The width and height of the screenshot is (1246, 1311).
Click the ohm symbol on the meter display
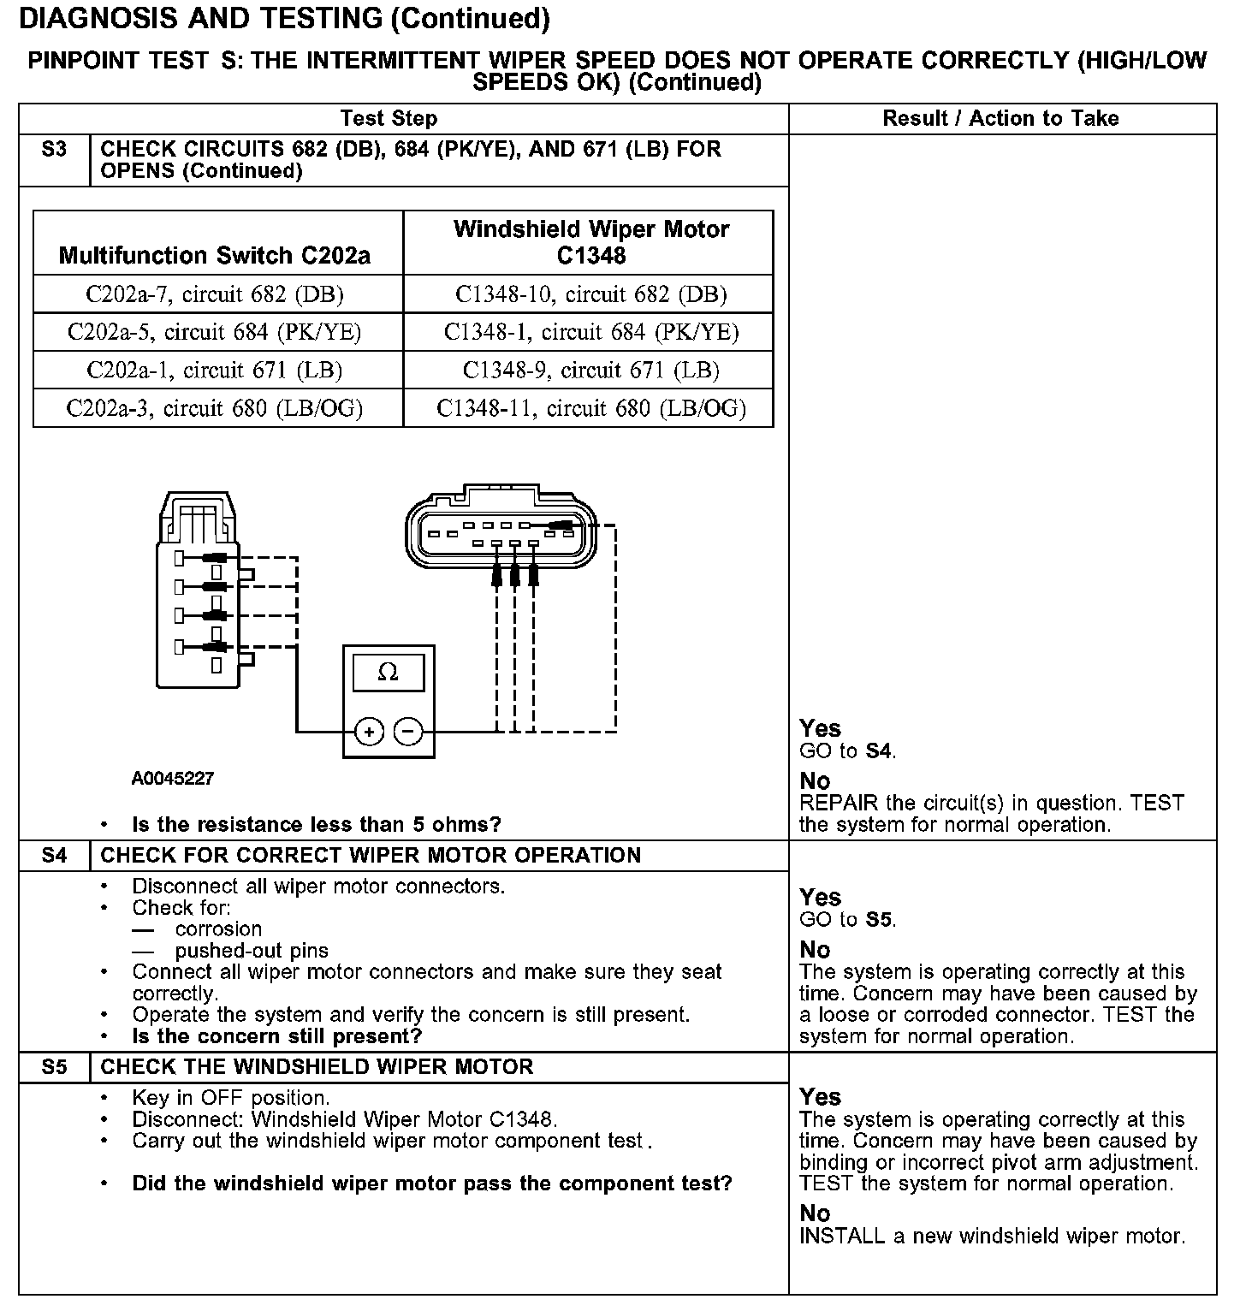(388, 673)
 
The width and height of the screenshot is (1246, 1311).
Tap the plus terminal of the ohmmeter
(369, 732)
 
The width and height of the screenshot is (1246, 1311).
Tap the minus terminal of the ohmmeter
(408, 732)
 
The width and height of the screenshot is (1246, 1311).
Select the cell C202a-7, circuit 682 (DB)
(215, 294)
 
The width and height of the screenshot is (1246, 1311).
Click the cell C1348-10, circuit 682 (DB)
(590, 294)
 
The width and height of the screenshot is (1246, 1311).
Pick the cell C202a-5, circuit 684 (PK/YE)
(215, 332)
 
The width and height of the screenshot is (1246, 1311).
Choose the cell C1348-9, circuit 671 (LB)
(590, 370)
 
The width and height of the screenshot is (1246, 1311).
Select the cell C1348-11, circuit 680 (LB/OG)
(590, 408)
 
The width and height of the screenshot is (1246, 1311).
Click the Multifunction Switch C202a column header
(215, 255)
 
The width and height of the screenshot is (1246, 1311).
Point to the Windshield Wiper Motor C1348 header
(590, 242)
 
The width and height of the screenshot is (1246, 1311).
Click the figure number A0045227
(173, 779)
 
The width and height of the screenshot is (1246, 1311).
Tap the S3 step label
(54, 150)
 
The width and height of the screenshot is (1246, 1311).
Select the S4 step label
(54, 855)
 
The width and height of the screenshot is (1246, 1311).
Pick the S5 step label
(54, 1066)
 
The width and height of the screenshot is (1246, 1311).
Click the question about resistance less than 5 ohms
(316, 824)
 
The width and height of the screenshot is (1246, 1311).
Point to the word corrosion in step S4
(218, 929)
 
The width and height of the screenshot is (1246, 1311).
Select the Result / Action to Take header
(1000, 118)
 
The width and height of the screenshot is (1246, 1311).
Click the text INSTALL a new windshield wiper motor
(992, 1236)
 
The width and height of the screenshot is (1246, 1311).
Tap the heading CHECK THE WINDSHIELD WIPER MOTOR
(317, 1066)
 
